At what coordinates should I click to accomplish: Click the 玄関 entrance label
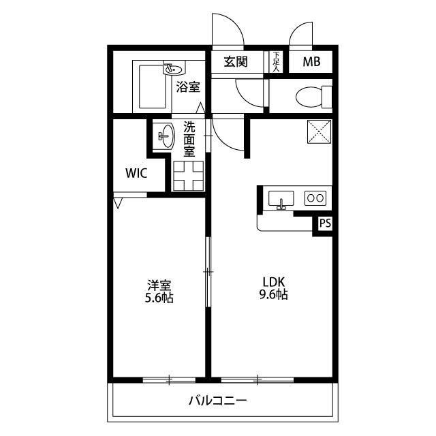(x=236, y=62)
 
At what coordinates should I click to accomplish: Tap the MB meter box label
(x=311, y=62)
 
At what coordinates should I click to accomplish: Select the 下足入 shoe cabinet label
(x=276, y=62)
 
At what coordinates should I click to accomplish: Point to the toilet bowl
(x=313, y=97)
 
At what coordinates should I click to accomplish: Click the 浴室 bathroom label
(x=188, y=87)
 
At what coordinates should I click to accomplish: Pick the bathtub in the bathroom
(x=153, y=87)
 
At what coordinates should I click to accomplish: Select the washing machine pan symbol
(x=188, y=176)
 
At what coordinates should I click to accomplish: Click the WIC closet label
(x=136, y=173)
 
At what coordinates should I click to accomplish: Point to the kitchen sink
(x=281, y=199)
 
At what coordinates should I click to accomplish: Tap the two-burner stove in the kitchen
(x=315, y=198)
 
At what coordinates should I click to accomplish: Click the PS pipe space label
(x=325, y=223)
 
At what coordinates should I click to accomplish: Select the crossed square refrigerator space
(x=320, y=131)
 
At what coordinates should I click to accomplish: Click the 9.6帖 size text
(x=274, y=295)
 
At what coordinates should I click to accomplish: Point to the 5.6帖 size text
(x=159, y=298)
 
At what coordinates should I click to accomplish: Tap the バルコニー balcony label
(x=218, y=401)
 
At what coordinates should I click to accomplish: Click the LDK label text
(x=274, y=282)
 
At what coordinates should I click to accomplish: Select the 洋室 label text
(x=159, y=285)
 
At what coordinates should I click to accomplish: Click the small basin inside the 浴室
(x=174, y=68)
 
